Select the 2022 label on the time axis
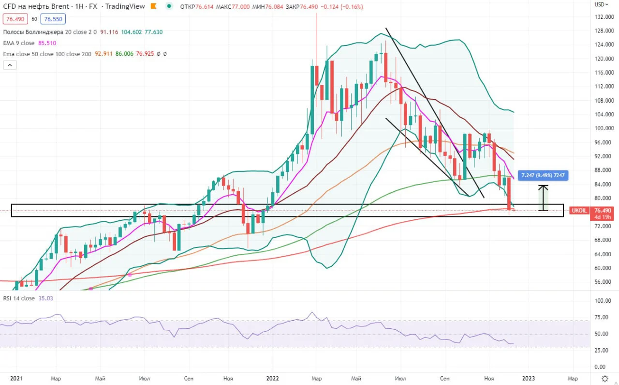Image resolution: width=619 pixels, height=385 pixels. click(x=272, y=378)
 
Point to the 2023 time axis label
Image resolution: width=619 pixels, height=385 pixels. click(x=528, y=378)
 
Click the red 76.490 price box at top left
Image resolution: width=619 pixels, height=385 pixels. click(x=15, y=19)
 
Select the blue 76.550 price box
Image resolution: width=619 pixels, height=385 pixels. click(x=53, y=19)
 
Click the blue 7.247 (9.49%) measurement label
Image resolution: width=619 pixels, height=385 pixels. click(x=543, y=175)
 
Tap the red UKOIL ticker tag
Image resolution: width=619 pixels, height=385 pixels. click(x=579, y=211)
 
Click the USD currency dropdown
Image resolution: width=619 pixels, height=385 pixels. click(x=601, y=4)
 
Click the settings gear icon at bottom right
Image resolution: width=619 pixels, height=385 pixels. click(x=605, y=378)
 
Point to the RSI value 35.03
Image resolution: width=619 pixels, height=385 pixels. click(x=45, y=298)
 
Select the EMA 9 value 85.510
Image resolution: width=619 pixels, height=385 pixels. click(x=47, y=43)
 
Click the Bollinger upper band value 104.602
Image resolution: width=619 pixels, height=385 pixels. click(x=131, y=32)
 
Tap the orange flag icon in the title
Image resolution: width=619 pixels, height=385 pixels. click(x=153, y=6)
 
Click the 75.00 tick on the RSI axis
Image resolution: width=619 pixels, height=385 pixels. click(x=601, y=317)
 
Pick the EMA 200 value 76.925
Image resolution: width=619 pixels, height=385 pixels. click(x=145, y=54)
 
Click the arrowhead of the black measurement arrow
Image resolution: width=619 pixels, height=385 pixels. click(x=543, y=186)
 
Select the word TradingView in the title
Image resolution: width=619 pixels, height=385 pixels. click(x=125, y=6)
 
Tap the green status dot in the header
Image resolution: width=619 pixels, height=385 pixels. click(x=169, y=6)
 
